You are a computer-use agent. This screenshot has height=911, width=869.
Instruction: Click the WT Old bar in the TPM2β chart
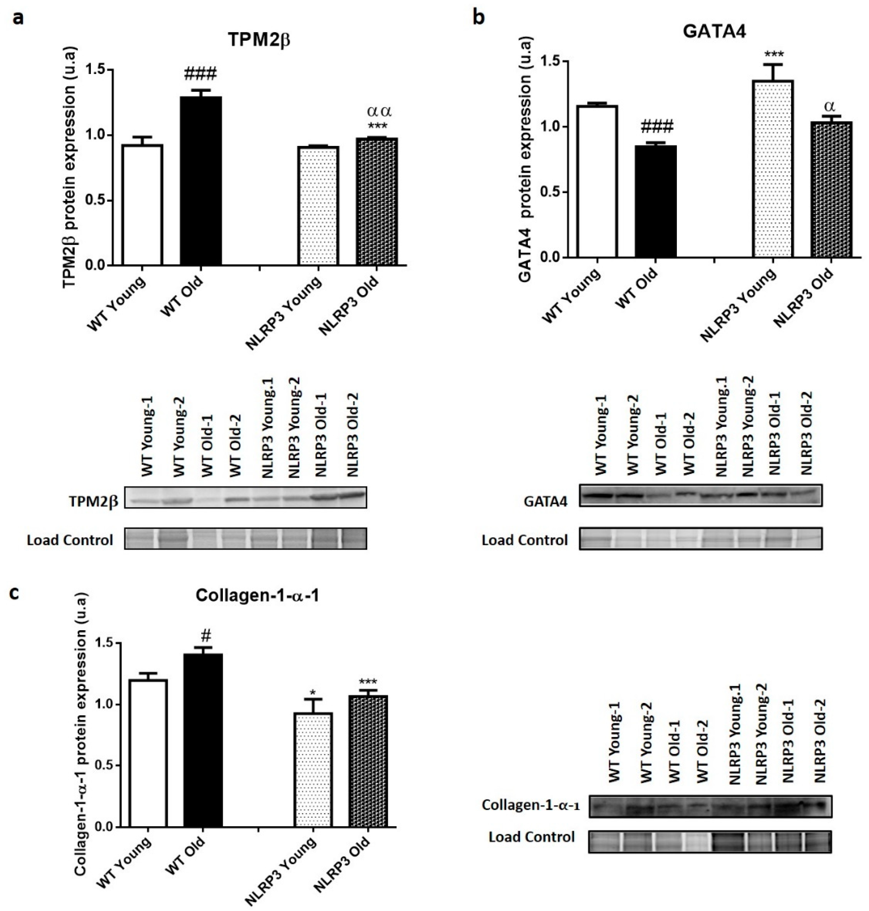pos(201,181)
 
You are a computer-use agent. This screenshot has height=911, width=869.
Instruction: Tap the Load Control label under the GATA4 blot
pos(524,540)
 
